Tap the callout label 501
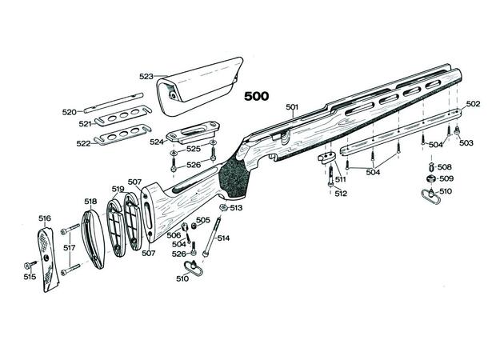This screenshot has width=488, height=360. (290, 106)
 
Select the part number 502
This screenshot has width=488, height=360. (472, 104)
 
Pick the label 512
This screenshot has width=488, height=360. (341, 194)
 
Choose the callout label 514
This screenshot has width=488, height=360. (223, 238)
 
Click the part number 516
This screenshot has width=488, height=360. (45, 218)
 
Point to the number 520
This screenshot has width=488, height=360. (70, 112)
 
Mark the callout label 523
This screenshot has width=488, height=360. (146, 77)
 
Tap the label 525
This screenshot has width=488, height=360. (194, 149)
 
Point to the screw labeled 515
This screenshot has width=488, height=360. (32, 264)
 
